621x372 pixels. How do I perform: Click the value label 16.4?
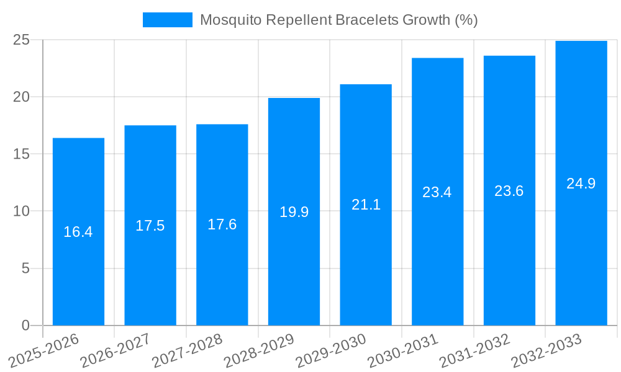point(78,232)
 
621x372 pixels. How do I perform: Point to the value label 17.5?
point(150,226)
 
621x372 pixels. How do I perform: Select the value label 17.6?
point(222,224)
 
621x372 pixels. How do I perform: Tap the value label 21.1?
point(366,205)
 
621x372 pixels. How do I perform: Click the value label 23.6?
point(509,191)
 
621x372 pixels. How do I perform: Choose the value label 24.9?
point(581,184)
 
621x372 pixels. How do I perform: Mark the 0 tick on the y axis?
point(25,325)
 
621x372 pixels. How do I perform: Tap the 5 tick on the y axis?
point(25,268)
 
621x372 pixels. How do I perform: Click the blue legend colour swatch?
point(168,20)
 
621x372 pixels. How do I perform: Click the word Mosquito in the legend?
point(230,20)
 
